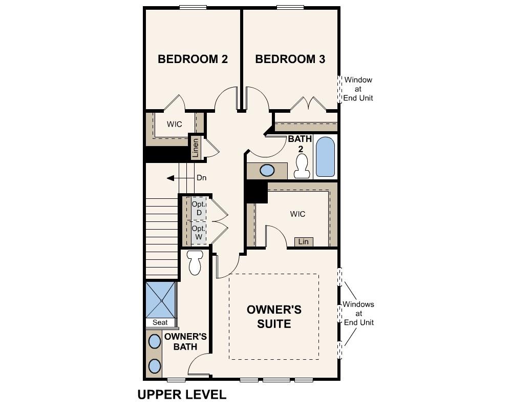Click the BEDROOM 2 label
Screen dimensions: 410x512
point(193,59)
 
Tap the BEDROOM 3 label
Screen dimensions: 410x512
point(290,59)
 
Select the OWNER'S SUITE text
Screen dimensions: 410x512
point(274,317)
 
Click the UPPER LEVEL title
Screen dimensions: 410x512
point(181,395)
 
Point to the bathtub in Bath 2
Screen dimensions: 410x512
point(325,156)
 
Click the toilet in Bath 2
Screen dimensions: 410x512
point(302,166)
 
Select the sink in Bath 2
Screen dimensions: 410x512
point(267,170)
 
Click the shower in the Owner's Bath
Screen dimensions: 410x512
point(161,300)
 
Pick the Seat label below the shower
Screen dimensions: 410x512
point(160,322)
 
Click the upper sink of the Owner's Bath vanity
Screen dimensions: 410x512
point(154,341)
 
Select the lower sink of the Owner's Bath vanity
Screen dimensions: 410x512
point(154,366)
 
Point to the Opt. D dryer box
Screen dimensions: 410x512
point(199,208)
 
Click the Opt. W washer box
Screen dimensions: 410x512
point(199,233)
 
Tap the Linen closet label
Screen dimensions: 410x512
point(195,148)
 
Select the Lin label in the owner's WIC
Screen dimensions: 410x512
point(304,241)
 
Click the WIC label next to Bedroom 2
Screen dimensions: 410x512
point(174,124)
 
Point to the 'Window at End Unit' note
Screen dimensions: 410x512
point(358,89)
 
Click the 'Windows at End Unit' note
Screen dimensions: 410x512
point(358,313)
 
